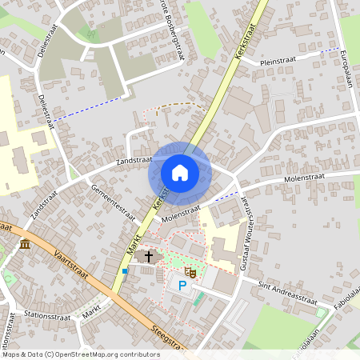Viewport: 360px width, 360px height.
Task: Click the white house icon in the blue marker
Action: [180, 173]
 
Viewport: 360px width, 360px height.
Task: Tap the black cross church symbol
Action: [149, 256]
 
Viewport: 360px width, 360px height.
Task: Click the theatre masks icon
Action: [191, 273]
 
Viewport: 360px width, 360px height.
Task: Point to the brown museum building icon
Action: [26, 243]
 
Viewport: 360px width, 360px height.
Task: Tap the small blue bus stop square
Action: [125, 270]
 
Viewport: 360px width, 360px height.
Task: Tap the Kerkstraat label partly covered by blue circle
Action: [160, 201]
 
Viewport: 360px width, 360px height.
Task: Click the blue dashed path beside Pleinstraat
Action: [323, 50]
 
